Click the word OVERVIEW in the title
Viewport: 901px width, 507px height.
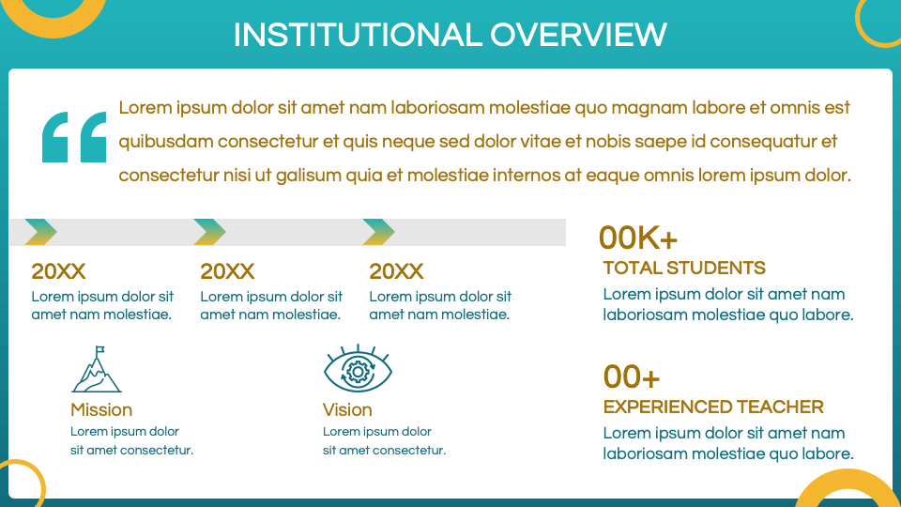coord(579,35)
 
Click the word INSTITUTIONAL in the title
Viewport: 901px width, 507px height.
coord(358,35)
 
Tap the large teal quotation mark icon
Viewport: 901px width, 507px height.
coord(74,137)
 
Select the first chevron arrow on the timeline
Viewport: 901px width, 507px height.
coord(40,232)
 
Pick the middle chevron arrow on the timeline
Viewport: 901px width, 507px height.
coord(209,232)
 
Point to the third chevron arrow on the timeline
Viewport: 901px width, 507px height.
coord(378,232)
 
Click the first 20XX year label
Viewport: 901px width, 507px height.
coord(58,271)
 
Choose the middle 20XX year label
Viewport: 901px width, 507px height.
coord(227,271)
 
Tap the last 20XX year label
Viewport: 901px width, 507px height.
coord(396,271)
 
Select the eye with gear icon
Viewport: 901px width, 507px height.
coord(358,369)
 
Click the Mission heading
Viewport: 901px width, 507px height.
coord(101,410)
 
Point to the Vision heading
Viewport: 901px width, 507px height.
coord(347,410)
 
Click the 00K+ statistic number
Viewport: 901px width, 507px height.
coord(638,238)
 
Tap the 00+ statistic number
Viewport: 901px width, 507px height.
coord(632,377)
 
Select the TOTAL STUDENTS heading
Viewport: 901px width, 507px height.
coord(684,268)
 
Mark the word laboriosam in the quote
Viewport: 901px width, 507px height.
coord(437,108)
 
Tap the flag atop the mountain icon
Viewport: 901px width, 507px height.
coord(100,349)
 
